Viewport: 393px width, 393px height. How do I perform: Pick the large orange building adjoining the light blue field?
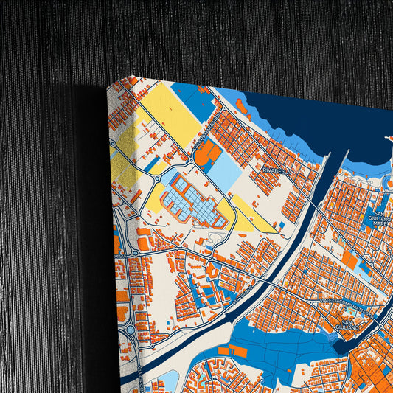point(207,153)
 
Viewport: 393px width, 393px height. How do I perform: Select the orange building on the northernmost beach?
point(241,105)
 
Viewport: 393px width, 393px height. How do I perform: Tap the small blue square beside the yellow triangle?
point(281,225)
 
